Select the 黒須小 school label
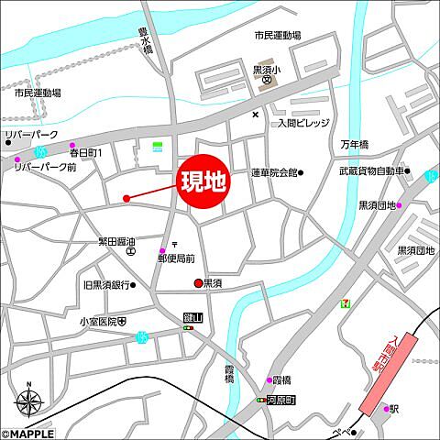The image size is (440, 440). coord(266,69)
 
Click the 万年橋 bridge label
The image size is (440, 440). coord(354,146)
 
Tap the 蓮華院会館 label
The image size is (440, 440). coord(274,172)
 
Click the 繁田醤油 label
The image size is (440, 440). coord(117,241)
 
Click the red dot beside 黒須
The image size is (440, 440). coord(196,283)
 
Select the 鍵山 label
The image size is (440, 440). coord(191,316)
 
